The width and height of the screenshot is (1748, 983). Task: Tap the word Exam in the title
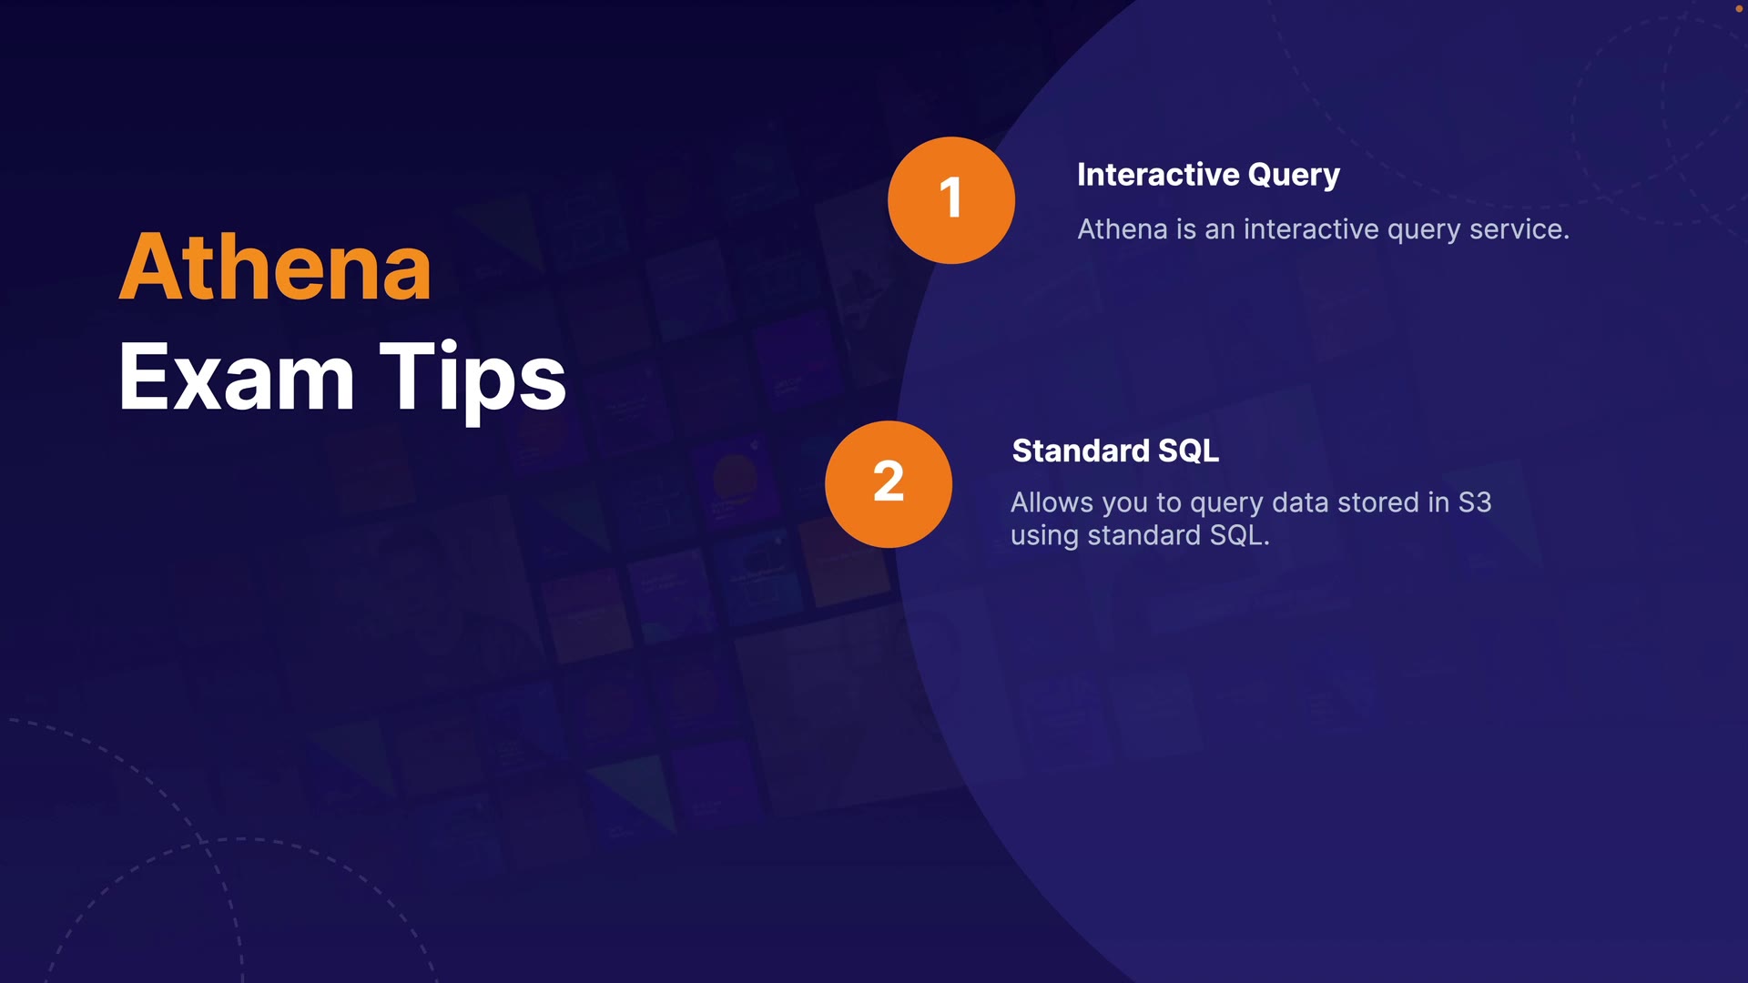[237, 376]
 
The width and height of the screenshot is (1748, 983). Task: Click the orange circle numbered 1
[951, 200]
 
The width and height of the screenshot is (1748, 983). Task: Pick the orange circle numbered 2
[889, 484]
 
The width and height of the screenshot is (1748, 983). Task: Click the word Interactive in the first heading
[1158, 175]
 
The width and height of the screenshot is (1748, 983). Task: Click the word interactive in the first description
[1311, 229]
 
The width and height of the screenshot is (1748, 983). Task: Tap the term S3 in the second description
[1475, 502]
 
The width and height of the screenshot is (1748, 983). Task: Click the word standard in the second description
[1144, 535]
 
